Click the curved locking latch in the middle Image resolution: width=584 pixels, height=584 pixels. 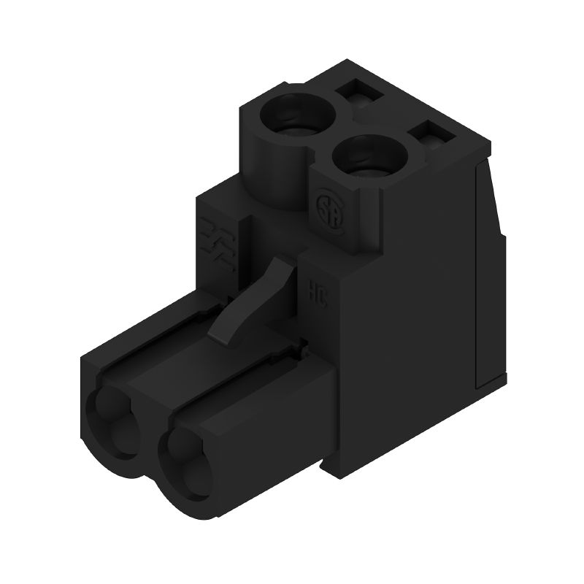coord(257,299)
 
